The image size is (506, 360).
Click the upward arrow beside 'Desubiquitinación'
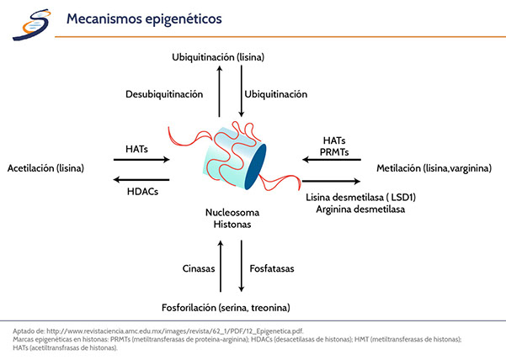[x=219, y=92]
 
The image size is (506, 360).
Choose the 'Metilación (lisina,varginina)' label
[x=434, y=168]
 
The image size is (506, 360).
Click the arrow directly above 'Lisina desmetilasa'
[x=333, y=181]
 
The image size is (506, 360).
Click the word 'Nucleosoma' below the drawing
[x=230, y=214]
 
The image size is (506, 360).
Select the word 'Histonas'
[x=230, y=225]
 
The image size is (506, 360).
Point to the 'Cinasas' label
[x=198, y=269]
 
